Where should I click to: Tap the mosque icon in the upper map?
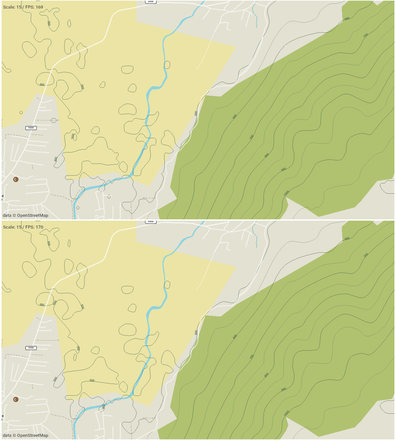click(16, 179)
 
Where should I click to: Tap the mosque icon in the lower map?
click(16, 399)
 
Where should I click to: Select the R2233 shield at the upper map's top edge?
click(151, 2)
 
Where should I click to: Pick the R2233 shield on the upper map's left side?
click(31, 128)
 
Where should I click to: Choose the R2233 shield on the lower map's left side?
click(31, 348)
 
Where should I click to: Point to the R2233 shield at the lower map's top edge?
click(151, 222)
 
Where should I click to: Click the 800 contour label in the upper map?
click(267, 155)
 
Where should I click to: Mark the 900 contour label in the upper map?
click(284, 170)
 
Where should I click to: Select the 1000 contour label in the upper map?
click(286, 193)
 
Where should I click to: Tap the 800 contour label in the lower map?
click(266, 375)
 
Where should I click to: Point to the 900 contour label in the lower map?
click(284, 389)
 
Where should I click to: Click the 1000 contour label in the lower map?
click(286, 413)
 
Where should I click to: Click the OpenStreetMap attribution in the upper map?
click(26, 216)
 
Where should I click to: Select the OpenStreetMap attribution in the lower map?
click(26, 436)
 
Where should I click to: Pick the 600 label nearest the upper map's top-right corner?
click(347, 19)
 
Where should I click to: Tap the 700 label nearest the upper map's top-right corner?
click(366, 36)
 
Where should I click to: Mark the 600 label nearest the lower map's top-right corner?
click(347, 238)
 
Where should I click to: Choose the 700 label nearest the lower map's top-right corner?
click(366, 255)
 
